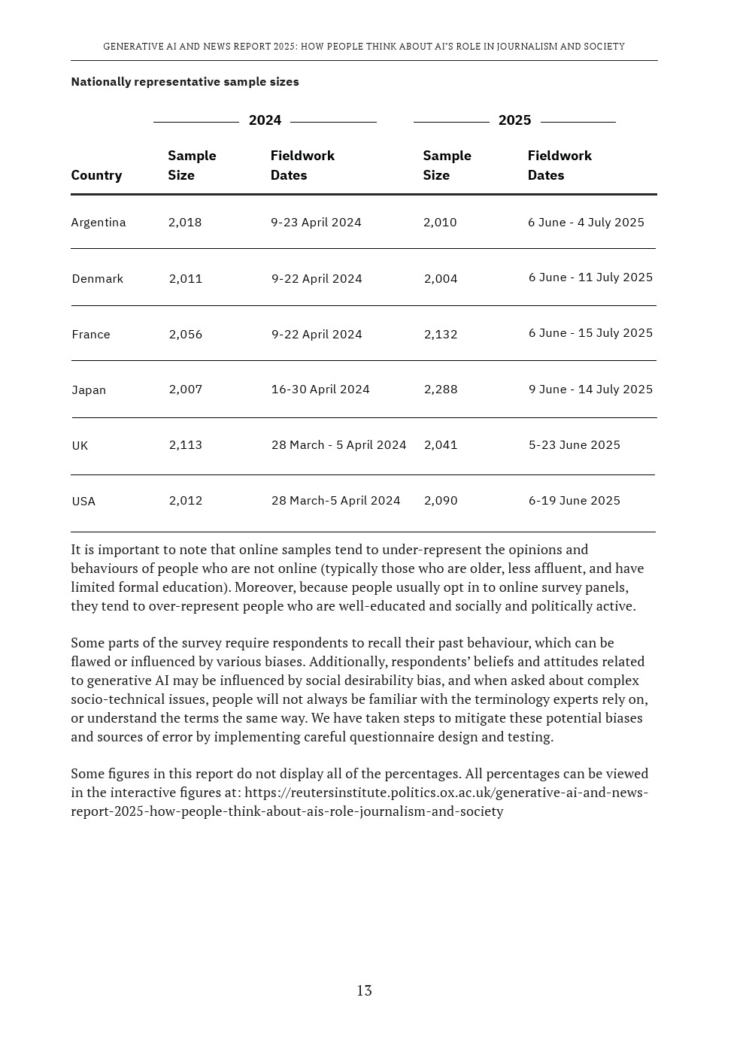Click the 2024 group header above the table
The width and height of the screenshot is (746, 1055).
265,120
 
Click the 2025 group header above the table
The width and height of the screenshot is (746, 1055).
514,120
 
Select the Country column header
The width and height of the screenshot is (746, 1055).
96,175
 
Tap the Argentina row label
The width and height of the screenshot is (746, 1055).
99,223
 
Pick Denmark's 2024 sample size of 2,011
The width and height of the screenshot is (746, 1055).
186,279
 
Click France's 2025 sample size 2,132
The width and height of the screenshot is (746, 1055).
441,335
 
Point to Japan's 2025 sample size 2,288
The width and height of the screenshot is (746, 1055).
441,390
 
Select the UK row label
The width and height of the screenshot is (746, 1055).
80,446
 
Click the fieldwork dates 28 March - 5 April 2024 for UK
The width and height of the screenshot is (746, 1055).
338,445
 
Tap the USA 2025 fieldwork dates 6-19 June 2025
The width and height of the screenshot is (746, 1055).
574,501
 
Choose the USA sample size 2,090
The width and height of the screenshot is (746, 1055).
441,501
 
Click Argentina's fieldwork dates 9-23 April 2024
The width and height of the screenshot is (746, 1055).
316,223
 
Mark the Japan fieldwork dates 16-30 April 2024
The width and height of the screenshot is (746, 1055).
320,390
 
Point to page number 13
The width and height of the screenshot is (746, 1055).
364,991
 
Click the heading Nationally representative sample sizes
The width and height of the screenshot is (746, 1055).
185,82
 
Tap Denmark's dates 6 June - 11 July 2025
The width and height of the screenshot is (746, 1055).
590,277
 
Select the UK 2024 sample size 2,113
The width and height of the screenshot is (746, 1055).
186,445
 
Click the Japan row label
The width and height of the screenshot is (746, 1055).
89,390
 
